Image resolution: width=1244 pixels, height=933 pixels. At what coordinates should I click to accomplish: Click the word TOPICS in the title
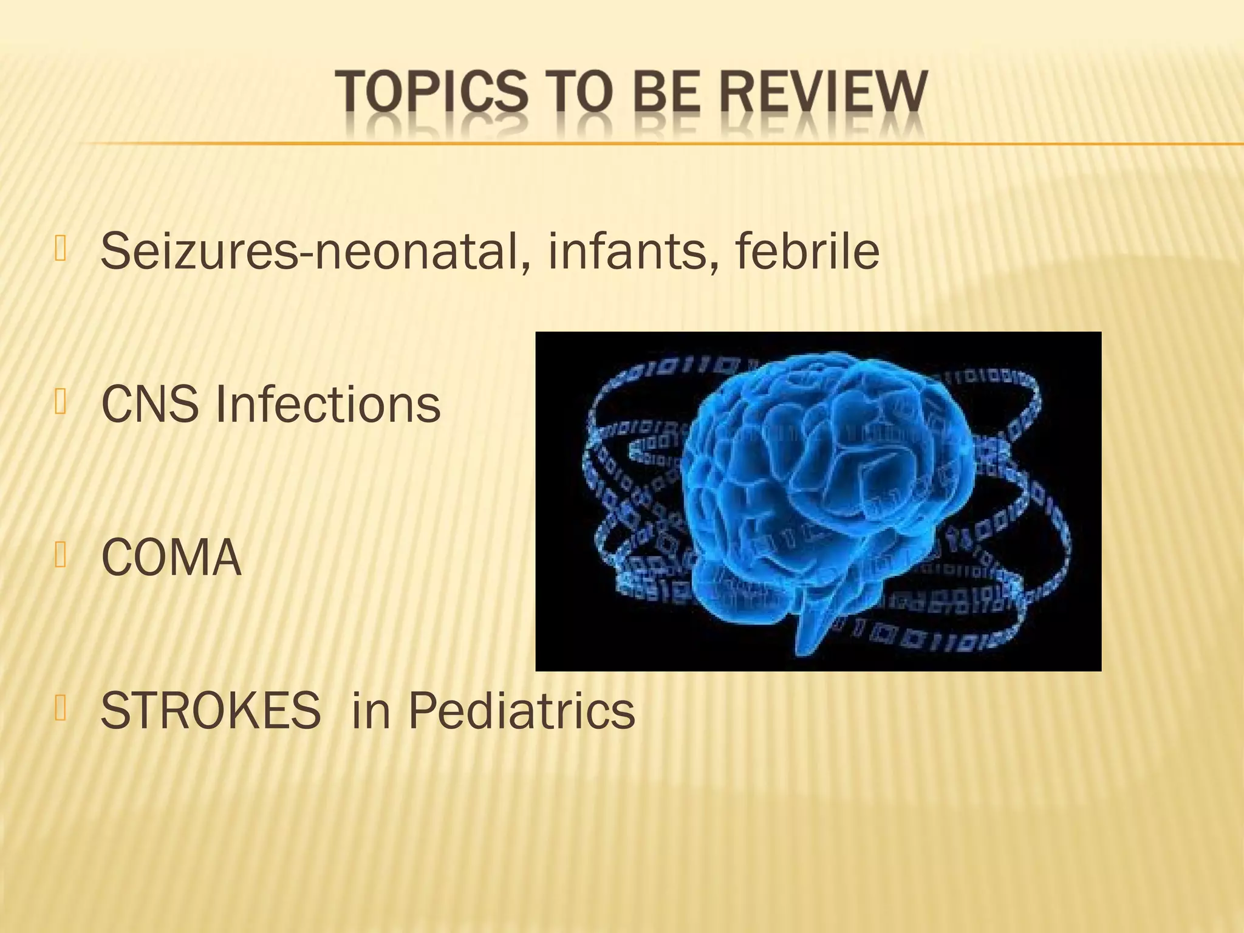[432, 92]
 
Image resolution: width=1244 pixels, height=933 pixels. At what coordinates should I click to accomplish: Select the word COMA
[171, 558]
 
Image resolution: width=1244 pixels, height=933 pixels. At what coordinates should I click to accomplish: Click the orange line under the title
[607, 143]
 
